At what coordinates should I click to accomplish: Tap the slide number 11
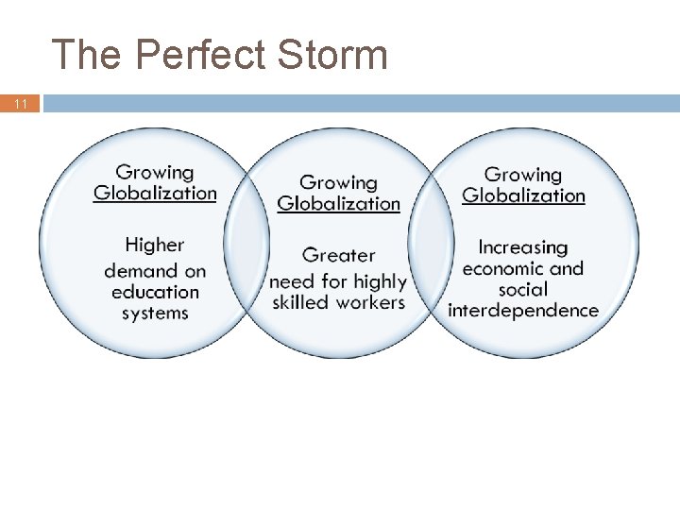21,104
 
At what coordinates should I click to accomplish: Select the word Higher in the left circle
155,246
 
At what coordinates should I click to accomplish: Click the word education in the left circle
156,292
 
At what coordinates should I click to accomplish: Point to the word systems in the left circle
156,313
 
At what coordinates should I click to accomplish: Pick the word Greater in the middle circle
339,256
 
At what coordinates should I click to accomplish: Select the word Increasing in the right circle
523,247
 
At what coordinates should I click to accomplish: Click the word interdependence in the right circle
523,310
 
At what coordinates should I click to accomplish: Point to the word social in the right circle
523,289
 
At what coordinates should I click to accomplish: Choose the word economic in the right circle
503,268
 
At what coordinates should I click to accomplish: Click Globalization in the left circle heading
155,193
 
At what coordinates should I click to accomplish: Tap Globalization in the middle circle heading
339,203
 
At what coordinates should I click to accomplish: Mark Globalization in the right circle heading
523,195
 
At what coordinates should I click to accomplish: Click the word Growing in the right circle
523,175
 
